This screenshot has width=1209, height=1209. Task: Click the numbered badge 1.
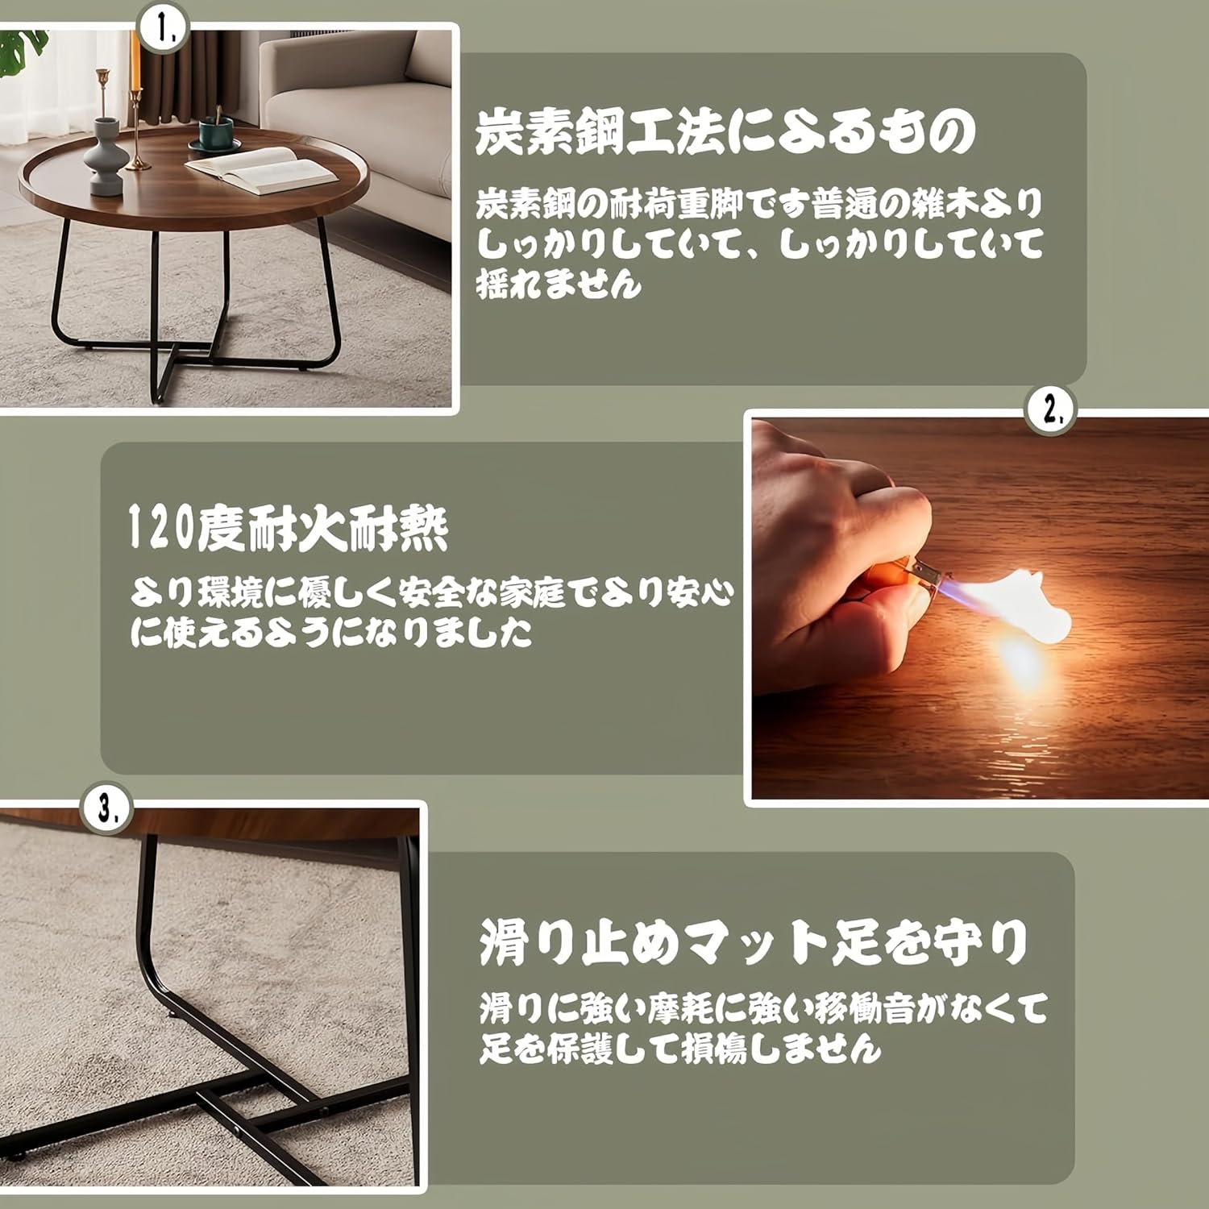pyautogui.click(x=163, y=30)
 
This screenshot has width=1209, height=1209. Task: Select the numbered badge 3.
pyautogui.click(x=107, y=808)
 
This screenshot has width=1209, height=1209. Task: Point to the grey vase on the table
pyautogui.click(x=104, y=156)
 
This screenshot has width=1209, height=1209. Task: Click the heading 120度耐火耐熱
pyautogui.click(x=289, y=529)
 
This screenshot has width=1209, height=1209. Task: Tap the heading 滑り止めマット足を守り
pyautogui.click(x=754, y=941)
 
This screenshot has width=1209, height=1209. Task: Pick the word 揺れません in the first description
pyautogui.click(x=559, y=284)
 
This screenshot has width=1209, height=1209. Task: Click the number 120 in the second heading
pyautogui.click(x=161, y=530)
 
